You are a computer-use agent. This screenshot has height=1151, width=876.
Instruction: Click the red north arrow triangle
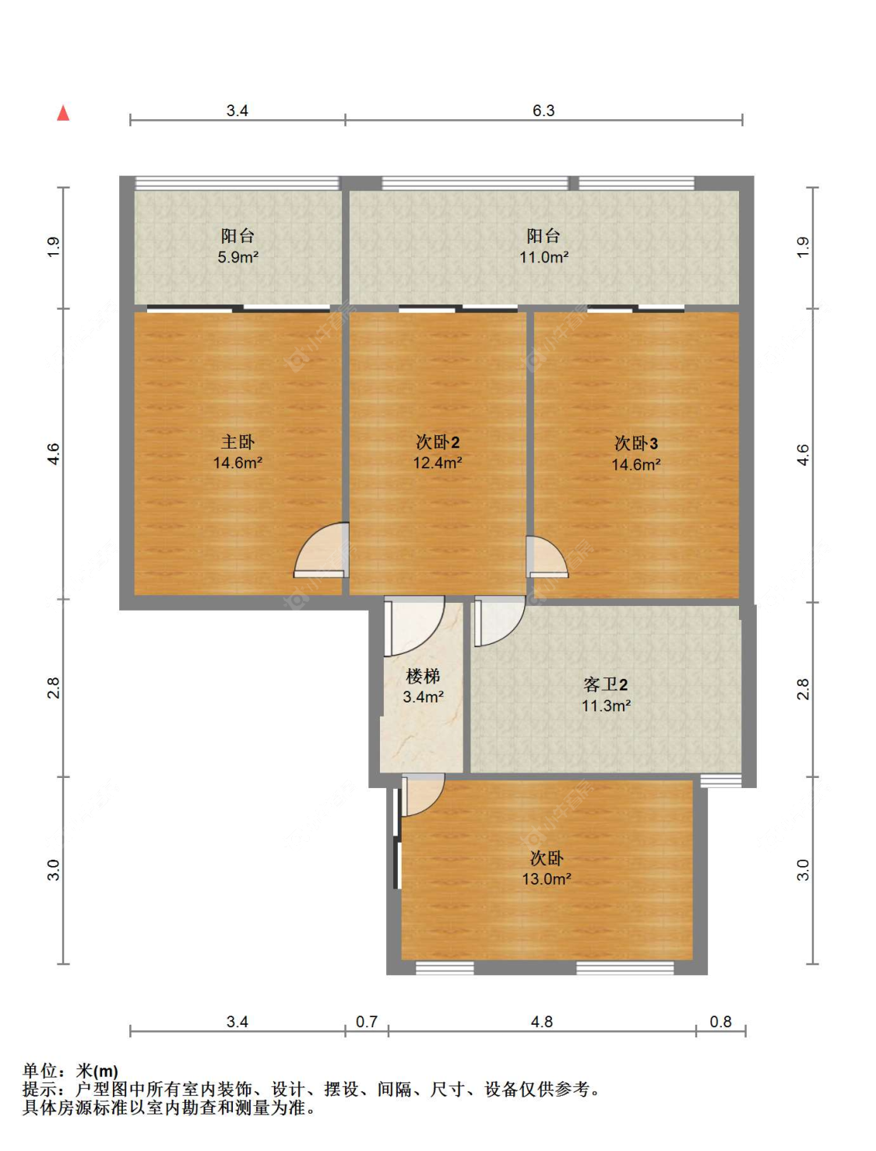[x=63, y=114]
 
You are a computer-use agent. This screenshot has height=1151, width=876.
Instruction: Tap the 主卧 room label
[x=237, y=442]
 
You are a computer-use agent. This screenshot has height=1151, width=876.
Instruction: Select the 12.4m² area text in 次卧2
[x=438, y=463]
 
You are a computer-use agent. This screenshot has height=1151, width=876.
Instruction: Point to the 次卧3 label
[x=636, y=444]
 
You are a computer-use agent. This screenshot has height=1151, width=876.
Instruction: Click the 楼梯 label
[x=423, y=676]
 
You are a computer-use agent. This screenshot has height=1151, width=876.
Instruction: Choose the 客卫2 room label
[x=605, y=685]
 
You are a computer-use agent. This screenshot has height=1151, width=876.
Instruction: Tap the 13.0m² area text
[x=547, y=879]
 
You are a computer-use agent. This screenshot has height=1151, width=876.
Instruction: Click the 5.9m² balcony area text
[x=237, y=257]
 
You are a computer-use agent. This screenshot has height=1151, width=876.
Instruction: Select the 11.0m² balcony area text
[x=544, y=257]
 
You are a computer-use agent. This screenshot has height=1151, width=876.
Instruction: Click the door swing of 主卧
[x=322, y=551]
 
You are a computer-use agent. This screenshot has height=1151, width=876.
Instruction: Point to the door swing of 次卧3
[x=545, y=556]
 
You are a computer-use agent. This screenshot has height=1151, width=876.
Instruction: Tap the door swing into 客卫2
[x=498, y=621]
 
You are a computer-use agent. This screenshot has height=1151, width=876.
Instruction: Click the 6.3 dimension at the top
[x=544, y=111]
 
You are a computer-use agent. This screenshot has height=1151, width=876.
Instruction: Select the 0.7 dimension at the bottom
[x=367, y=1022]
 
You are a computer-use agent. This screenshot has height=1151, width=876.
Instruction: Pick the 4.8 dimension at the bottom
[x=542, y=1022]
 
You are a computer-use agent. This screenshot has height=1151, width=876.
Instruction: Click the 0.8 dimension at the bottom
[x=721, y=1022]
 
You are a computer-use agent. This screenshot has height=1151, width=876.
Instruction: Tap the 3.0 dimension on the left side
[x=53, y=870]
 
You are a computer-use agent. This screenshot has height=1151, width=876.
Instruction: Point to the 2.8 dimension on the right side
[x=803, y=689]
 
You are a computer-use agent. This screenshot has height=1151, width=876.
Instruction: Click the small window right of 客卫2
[x=721, y=780]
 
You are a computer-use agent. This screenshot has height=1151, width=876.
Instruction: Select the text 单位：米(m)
[x=70, y=1072]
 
